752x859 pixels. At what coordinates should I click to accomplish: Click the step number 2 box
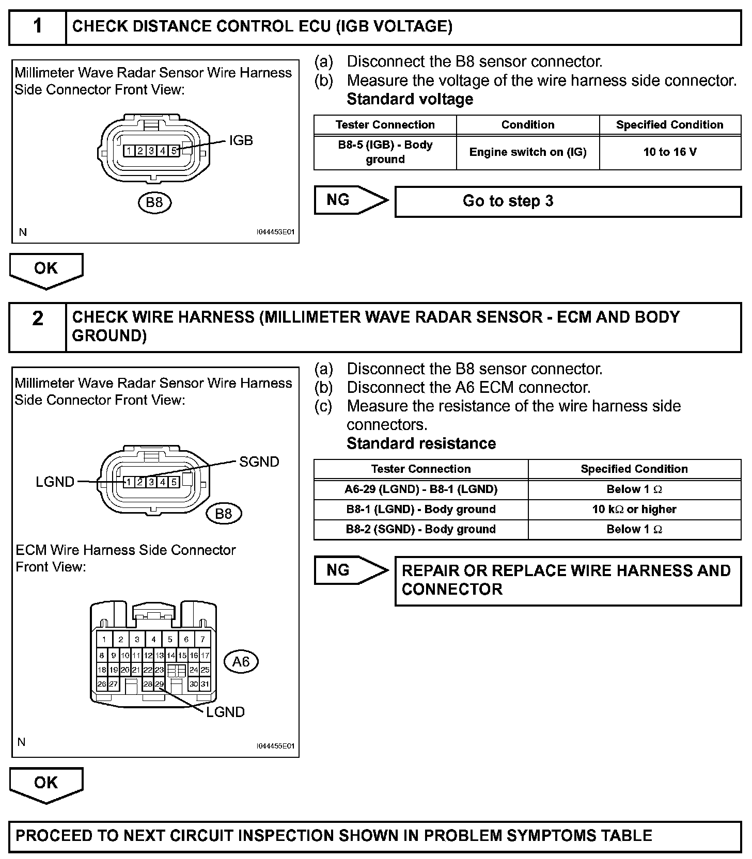tap(38, 326)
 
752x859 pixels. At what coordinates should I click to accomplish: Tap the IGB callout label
tap(241, 140)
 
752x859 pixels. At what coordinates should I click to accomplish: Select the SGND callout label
tap(259, 462)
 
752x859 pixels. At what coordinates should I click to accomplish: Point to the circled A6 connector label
tap(241, 661)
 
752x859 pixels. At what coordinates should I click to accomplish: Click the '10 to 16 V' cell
tap(670, 152)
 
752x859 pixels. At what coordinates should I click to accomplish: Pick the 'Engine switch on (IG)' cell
tap(527, 152)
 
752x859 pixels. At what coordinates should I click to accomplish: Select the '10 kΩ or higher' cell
tap(634, 510)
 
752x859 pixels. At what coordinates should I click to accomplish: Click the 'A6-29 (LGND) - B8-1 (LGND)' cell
tap(421, 489)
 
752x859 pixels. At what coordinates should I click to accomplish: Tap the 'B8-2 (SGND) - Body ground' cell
tap(421, 530)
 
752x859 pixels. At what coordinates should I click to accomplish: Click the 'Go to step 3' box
tap(568, 201)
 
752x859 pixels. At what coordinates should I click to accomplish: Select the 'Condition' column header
tap(527, 125)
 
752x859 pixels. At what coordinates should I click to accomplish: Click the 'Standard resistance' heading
tap(421, 443)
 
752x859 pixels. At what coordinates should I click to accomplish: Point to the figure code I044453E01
tap(275, 232)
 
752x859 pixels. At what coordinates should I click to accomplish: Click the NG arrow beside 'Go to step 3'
tap(349, 200)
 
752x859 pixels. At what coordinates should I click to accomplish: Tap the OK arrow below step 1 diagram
tap(46, 269)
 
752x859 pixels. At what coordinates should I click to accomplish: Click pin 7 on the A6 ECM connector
tap(202, 639)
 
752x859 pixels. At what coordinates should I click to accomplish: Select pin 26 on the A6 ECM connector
tap(102, 684)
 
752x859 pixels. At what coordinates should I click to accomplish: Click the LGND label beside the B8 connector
tap(55, 482)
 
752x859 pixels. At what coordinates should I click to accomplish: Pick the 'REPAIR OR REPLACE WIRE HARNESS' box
tap(568, 580)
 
